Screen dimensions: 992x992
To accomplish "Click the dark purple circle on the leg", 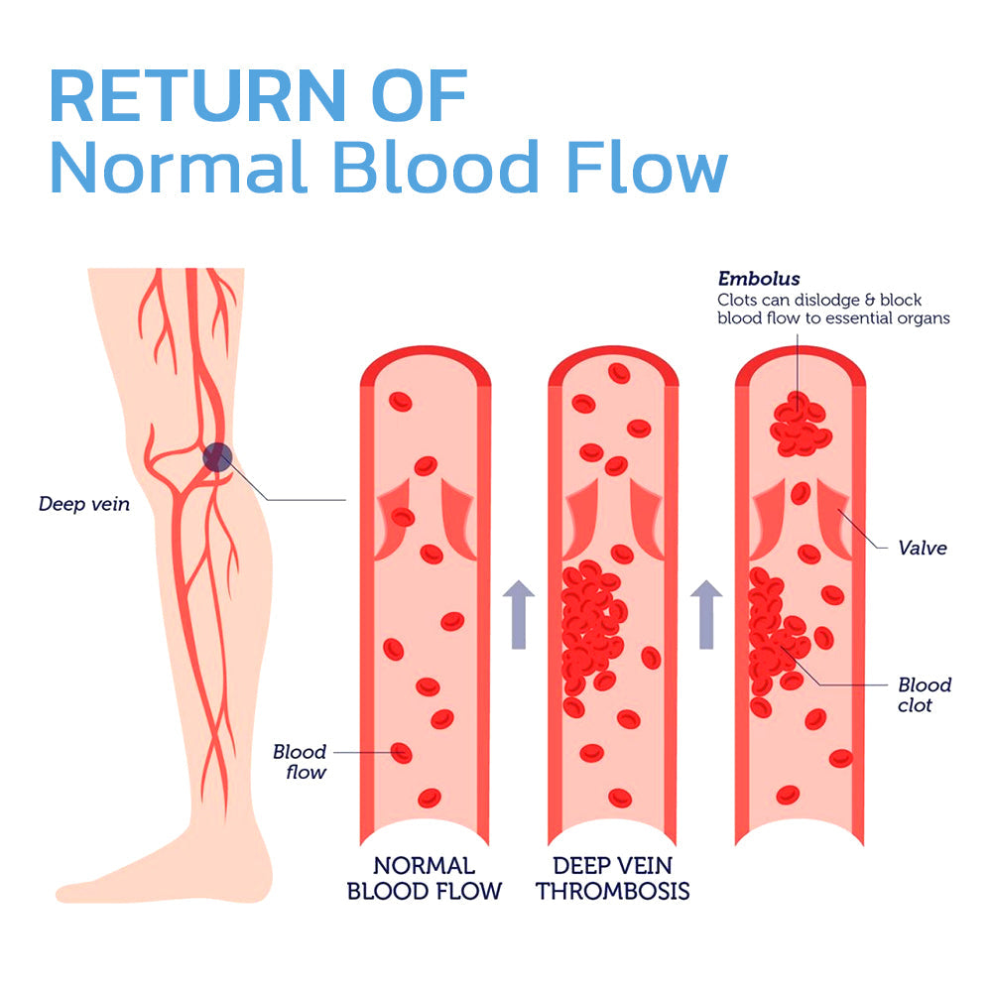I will (217, 457).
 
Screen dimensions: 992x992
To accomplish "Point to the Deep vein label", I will (84, 504).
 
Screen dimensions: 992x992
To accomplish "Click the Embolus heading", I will (759, 279).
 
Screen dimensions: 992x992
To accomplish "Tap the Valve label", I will (922, 548).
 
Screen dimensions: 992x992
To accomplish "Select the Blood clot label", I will (924, 694).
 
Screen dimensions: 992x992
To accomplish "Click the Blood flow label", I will (299, 762).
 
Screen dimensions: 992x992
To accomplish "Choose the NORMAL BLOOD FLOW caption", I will (425, 878).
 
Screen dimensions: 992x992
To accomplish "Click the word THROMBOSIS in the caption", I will (613, 891).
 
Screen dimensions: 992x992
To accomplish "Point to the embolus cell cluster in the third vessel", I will (800, 425).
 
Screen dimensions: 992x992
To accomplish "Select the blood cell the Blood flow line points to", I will (401, 753).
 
